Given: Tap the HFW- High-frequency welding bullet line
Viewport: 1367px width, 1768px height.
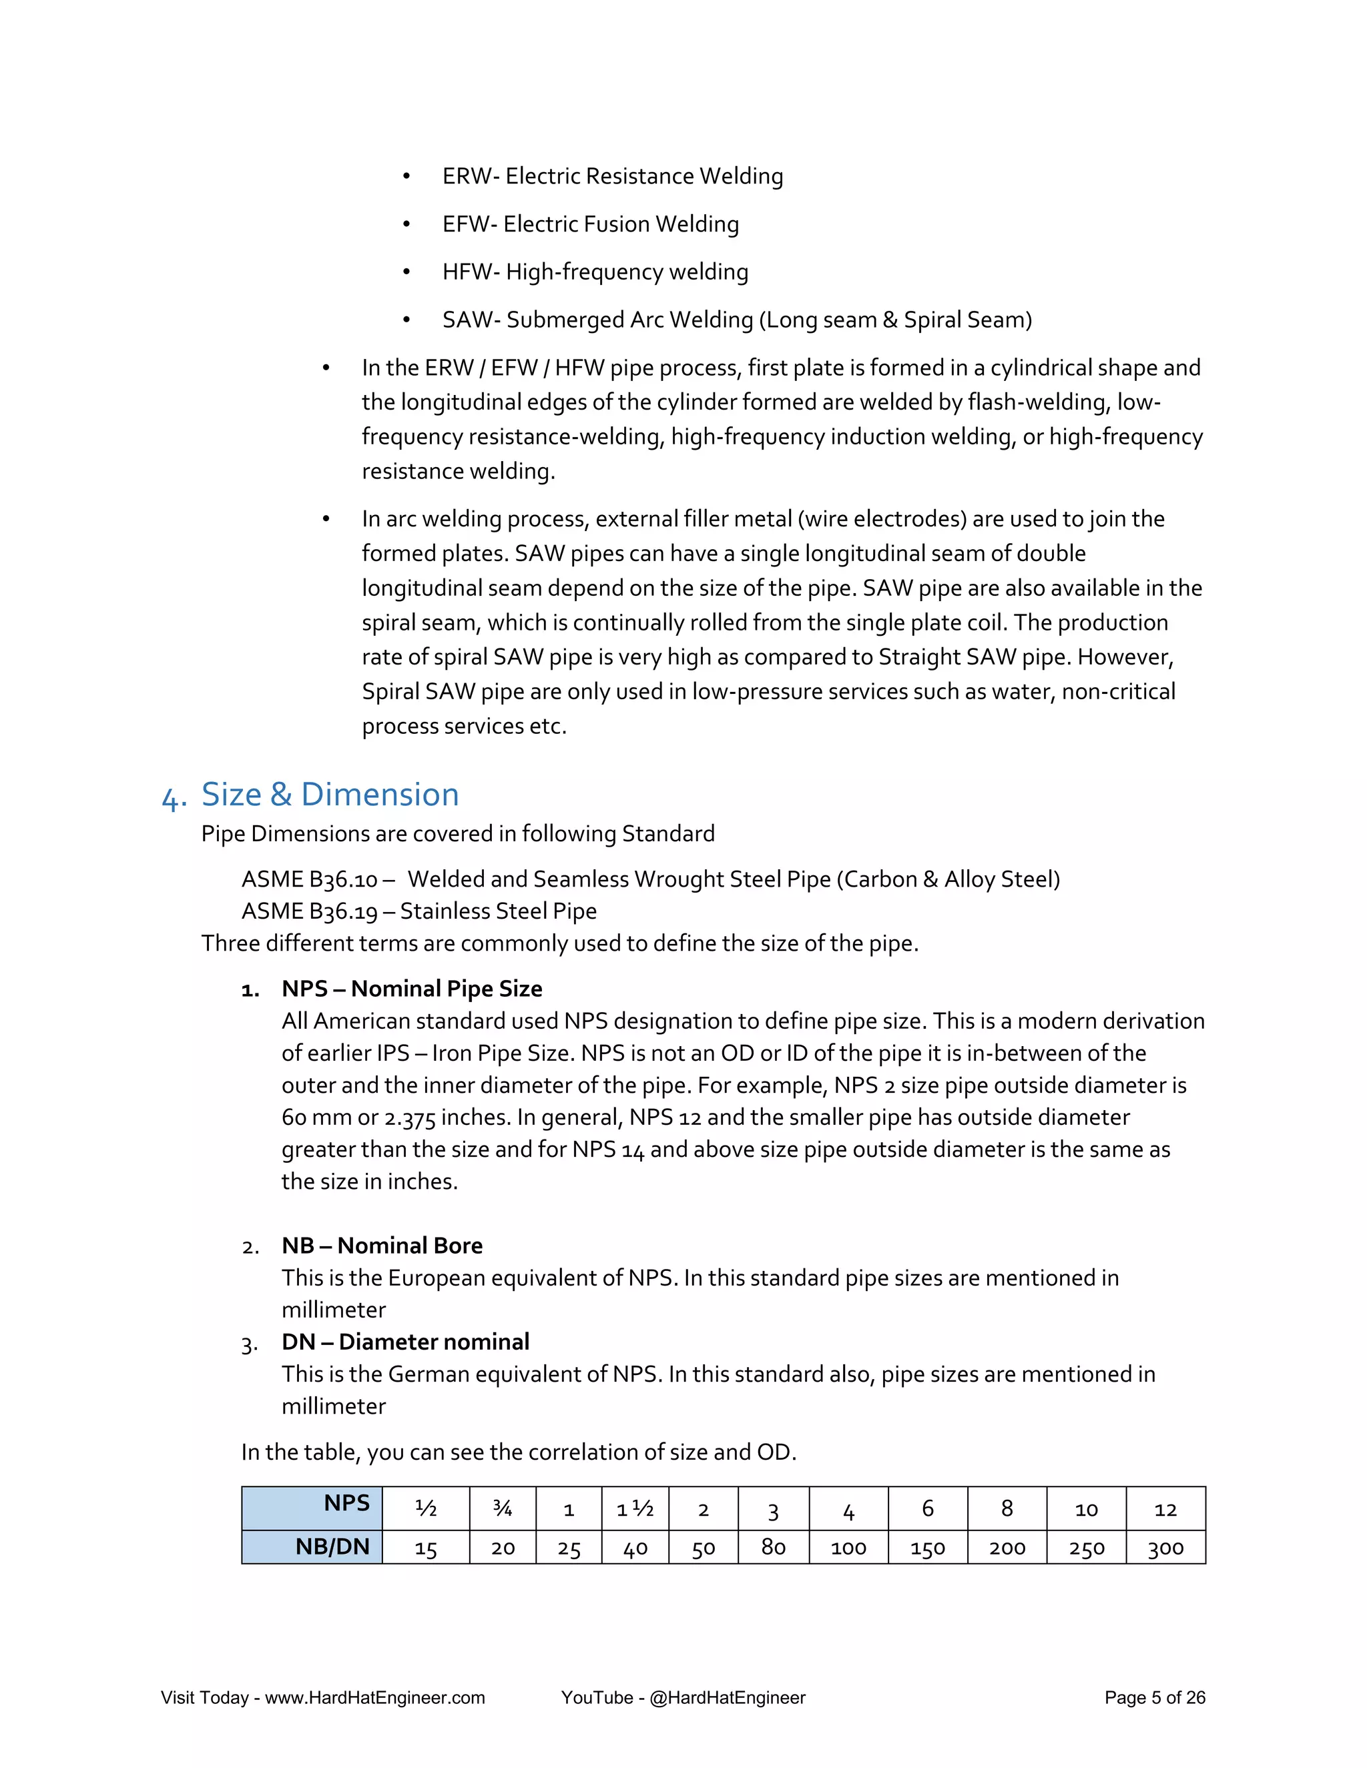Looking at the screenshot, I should pyautogui.click(x=595, y=272).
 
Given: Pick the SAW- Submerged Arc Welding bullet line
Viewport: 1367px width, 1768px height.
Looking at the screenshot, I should pyautogui.click(x=736, y=320).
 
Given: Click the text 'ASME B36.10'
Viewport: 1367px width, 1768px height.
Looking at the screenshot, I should pyautogui.click(x=309, y=879).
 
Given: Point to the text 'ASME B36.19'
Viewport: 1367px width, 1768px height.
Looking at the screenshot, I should pyautogui.click(x=309, y=911).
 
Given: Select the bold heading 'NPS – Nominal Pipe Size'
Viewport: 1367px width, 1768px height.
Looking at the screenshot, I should pyautogui.click(x=411, y=989).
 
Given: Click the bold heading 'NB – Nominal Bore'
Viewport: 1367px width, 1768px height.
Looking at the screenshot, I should pyautogui.click(x=381, y=1245).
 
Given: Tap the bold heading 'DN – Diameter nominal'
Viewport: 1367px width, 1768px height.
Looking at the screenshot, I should pyautogui.click(x=405, y=1342).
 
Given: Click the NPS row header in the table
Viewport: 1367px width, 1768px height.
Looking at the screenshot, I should pyautogui.click(x=346, y=1503).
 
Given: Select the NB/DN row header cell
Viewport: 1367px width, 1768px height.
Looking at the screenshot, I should pyautogui.click(x=332, y=1546).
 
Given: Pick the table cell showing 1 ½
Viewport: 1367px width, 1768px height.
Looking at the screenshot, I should pyautogui.click(x=635, y=1509).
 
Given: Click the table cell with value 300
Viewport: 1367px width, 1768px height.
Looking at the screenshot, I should pyautogui.click(x=1165, y=1548).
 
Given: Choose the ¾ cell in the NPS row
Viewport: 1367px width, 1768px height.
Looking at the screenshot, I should pyautogui.click(x=502, y=1508).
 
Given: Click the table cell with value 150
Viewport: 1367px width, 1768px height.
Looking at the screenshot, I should pyautogui.click(x=927, y=1548).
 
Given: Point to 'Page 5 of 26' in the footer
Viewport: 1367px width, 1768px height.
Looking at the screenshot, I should pyautogui.click(x=1154, y=1697).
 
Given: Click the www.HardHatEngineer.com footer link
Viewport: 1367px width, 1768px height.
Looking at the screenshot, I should pyautogui.click(x=375, y=1697).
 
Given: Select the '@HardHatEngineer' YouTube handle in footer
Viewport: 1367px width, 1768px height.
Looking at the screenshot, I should pyautogui.click(x=728, y=1697).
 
